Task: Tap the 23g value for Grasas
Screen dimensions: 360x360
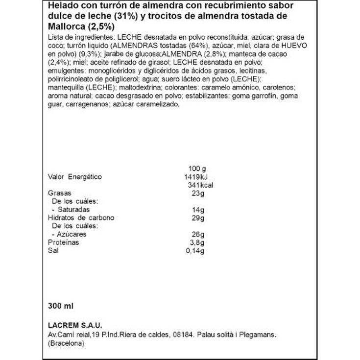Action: click(198, 193)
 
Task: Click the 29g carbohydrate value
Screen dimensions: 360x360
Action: click(198, 218)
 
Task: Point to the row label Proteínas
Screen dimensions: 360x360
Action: click(63, 242)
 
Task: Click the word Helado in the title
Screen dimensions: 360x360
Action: click(62, 6)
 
